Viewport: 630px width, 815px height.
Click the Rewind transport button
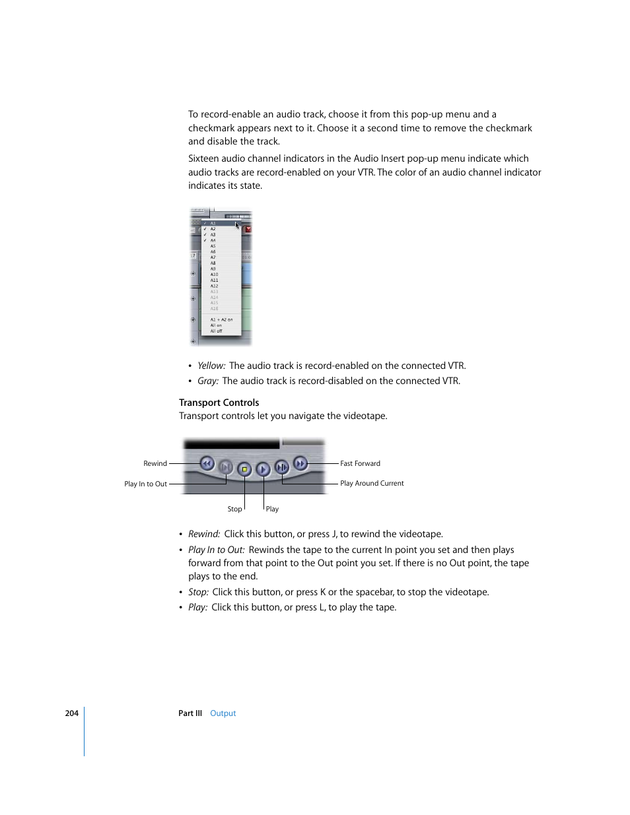coord(207,463)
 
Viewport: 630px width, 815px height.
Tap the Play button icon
coord(263,469)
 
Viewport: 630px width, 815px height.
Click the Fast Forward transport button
coord(300,463)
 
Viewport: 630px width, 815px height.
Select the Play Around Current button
coord(282,467)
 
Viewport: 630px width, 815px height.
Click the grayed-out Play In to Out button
coord(225,467)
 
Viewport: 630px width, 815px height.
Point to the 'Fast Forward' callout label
coord(360,463)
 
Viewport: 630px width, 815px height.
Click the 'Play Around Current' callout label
coord(372,483)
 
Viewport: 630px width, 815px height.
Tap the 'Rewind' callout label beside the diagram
coord(155,463)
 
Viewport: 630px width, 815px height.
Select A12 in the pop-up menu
coord(214,286)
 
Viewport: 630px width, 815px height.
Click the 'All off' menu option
coord(217,331)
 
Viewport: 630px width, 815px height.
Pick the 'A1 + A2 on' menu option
coord(221,319)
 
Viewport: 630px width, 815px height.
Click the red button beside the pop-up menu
coord(248,230)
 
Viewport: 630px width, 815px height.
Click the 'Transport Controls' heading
coord(219,403)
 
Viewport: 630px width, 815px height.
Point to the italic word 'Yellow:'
coord(211,366)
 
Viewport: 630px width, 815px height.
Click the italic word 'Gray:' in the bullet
coord(207,381)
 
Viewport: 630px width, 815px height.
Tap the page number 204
coord(71,713)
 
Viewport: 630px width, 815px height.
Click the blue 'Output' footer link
coord(223,713)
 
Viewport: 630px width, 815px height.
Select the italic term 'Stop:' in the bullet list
coord(198,592)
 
